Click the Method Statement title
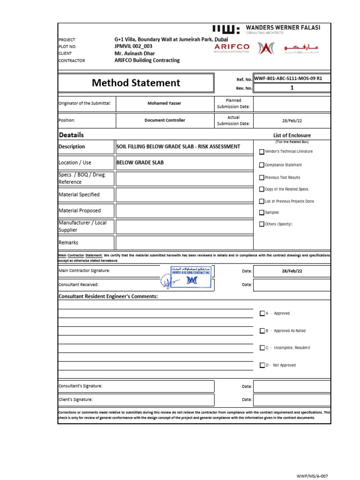coord(136,83)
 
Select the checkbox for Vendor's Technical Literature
coord(262,151)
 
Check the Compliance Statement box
coord(262,165)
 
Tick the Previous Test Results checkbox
coord(262,178)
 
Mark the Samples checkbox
coord(262,212)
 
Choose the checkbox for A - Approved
coord(262,314)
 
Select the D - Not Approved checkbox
coord(262,365)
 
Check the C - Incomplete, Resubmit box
coord(262,348)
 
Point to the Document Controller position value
coord(165,120)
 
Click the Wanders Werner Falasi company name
coord(283,28)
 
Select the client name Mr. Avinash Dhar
coord(135,53)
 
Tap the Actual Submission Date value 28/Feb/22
coord(292,120)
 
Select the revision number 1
coord(292,88)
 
